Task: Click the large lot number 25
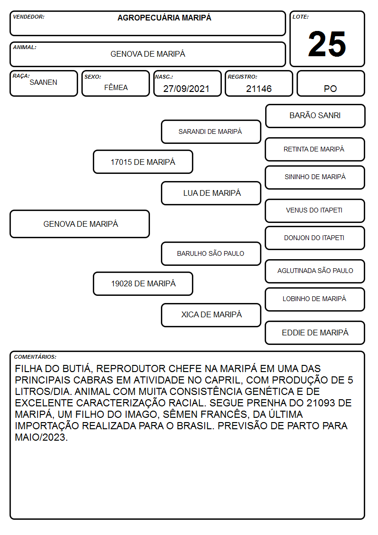click(327, 44)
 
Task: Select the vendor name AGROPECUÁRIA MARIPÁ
click(164, 18)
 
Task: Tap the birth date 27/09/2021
click(186, 89)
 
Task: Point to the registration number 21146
click(259, 89)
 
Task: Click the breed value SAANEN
click(43, 82)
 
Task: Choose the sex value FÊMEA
click(116, 87)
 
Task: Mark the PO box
click(330, 83)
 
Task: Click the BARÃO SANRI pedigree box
click(315, 116)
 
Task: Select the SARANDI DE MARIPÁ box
click(211, 131)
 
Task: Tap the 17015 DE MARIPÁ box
click(143, 162)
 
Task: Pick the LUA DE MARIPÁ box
click(211, 193)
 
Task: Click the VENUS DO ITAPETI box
click(315, 211)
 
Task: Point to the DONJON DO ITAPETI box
click(315, 238)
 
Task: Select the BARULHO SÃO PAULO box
click(211, 253)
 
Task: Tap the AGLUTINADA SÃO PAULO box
click(315, 271)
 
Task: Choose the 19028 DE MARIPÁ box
click(143, 283)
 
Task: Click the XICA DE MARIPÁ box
click(211, 315)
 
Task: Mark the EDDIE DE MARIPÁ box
click(315, 333)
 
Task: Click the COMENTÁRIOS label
click(35, 357)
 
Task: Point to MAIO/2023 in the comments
click(41, 437)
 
